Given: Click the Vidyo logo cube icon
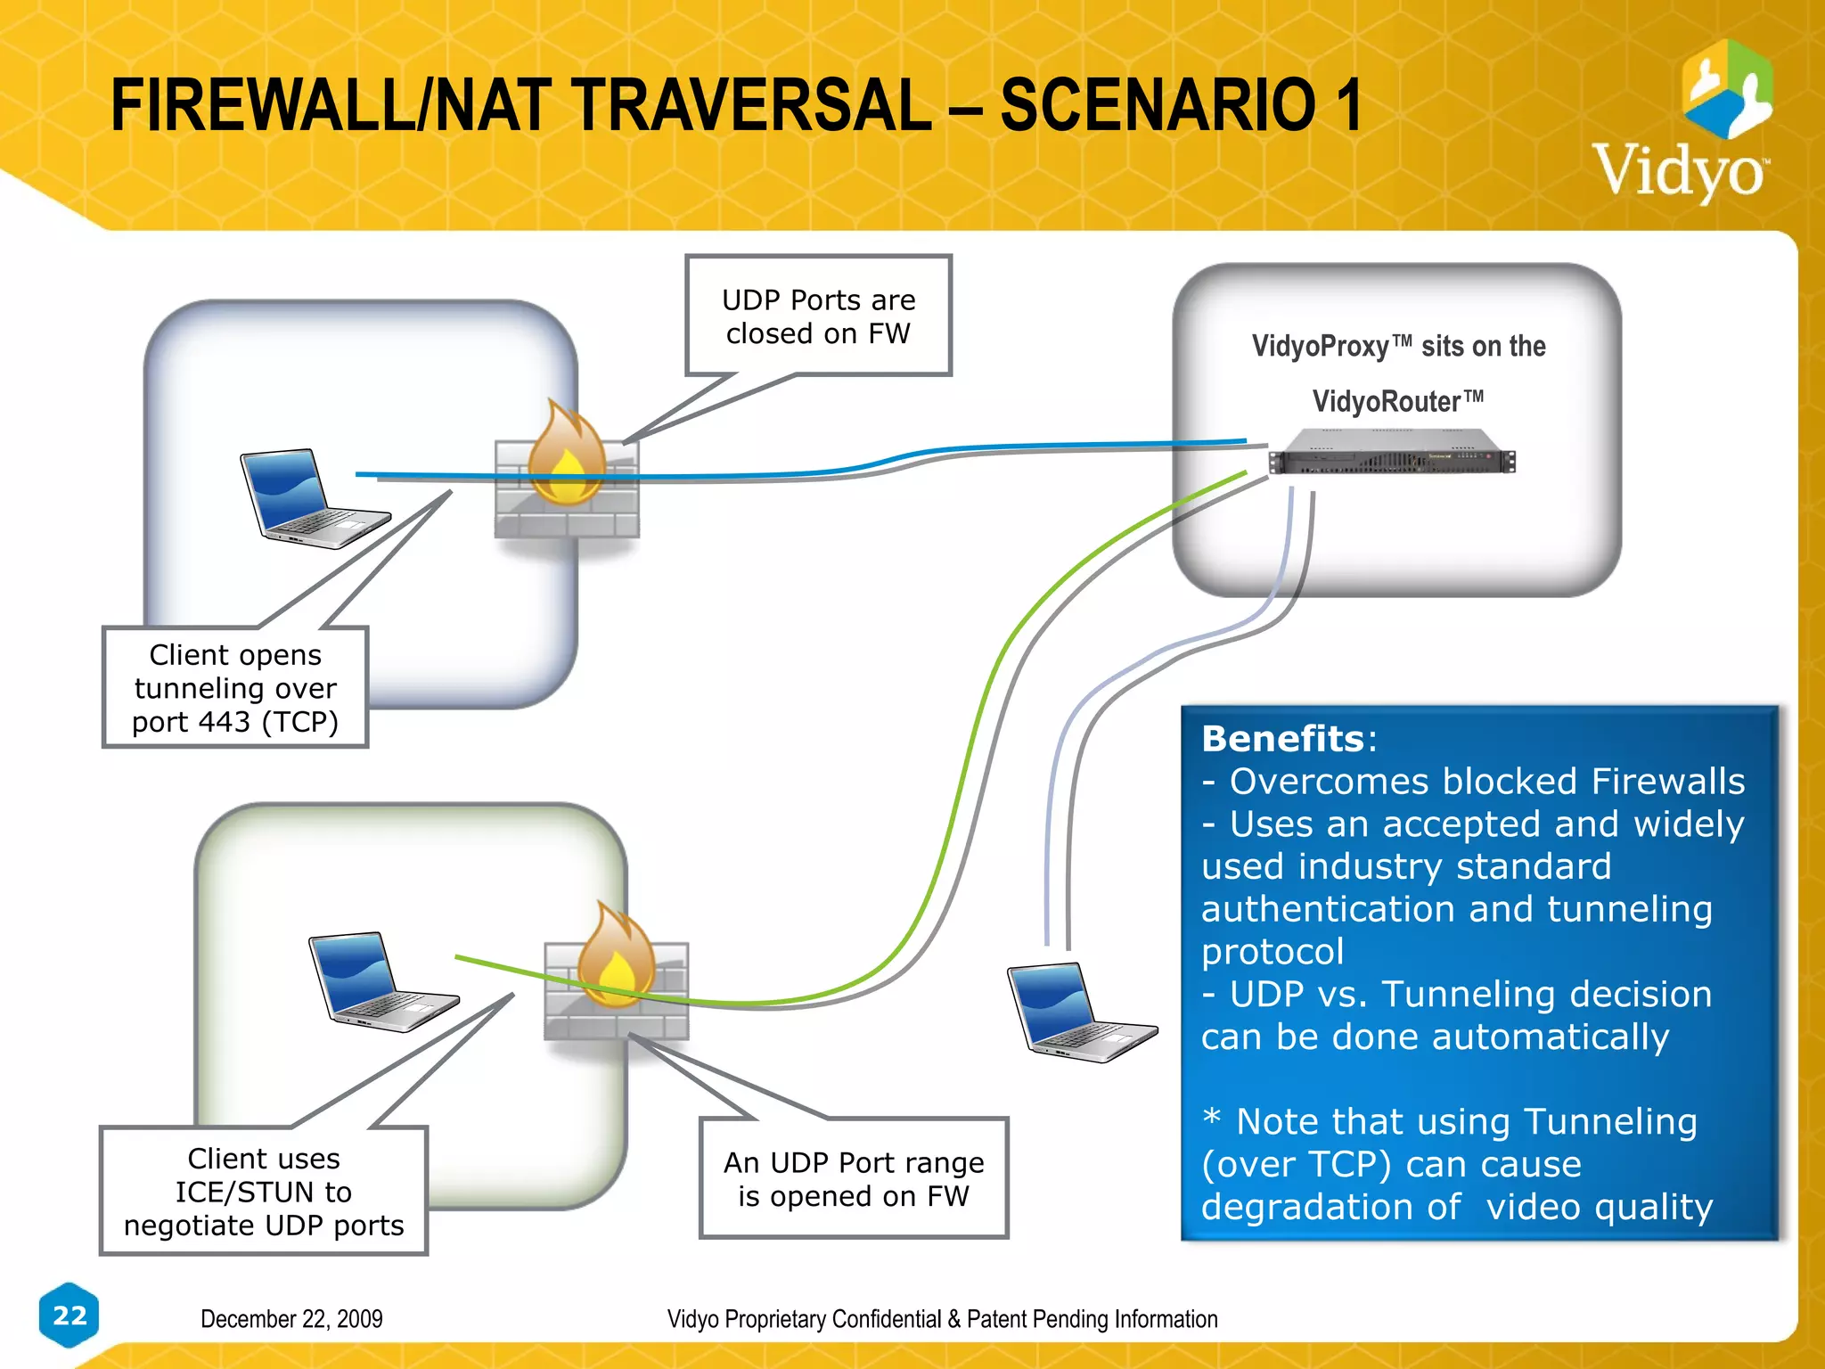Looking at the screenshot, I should click(x=1726, y=89).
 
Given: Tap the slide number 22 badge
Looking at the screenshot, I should click(x=70, y=1315).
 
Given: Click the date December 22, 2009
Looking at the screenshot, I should click(x=291, y=1318).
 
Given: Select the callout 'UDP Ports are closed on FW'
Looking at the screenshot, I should click(x=818, y=316).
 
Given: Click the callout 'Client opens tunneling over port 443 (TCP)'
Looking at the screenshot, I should click(x=235, y=687).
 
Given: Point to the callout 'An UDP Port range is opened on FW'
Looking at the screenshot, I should click(x=854, y=1178).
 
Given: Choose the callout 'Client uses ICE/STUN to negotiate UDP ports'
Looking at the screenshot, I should click(x=264, y=1191).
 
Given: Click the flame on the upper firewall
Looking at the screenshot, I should click(x=567, y=455).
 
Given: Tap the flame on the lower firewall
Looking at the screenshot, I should click(x=616, y=956).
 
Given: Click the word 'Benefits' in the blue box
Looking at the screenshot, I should click(x=1282, y=739).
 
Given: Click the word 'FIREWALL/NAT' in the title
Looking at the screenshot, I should click(x=324, y=105).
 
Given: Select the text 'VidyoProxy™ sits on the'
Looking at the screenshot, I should click(x=1398, y=346).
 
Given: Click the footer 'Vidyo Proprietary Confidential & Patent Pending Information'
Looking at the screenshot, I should click(x=942, y=1318).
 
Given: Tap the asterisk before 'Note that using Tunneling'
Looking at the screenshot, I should click(x=1211, y=1117).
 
